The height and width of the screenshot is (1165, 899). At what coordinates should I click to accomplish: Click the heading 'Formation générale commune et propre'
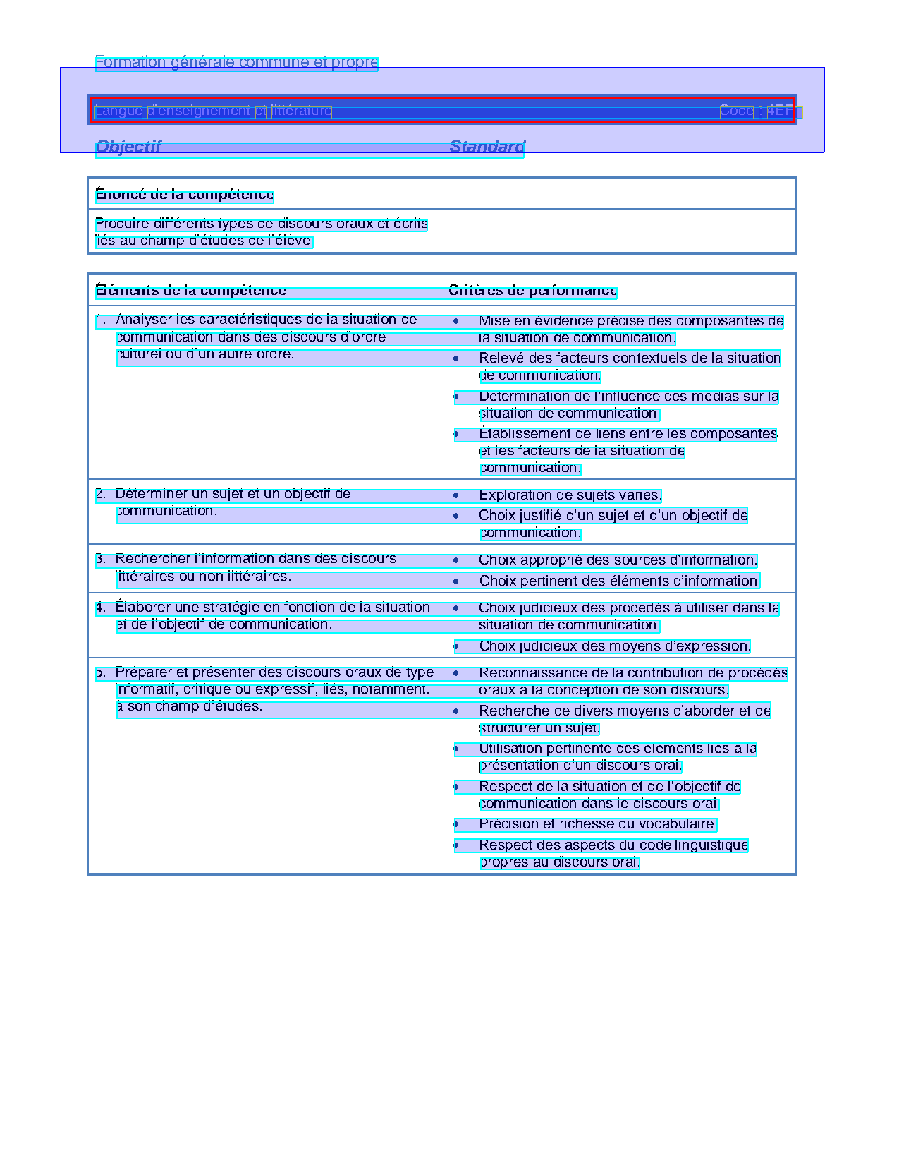(236, 62)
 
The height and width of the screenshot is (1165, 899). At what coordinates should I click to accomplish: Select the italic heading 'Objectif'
(128, 146)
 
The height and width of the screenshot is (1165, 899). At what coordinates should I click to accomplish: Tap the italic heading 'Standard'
(487, 146)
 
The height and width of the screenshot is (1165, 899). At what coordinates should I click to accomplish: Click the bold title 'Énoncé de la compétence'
(185, 194)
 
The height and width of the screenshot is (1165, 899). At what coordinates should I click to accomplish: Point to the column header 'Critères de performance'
(532, 290)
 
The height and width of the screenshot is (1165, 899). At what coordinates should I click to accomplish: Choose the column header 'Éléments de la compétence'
(191, 290)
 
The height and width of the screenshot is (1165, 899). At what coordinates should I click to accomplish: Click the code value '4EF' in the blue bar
(780, 111)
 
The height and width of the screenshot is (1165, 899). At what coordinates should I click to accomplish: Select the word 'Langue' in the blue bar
(118, 111)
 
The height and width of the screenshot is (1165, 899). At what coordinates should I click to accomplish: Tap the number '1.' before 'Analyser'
(101, 320)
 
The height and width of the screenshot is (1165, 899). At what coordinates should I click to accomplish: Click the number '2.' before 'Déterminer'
(101, 494)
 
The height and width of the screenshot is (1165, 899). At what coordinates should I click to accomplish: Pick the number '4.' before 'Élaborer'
(101, 608)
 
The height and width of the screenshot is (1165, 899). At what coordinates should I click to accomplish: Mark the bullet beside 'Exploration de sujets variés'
(456, 495)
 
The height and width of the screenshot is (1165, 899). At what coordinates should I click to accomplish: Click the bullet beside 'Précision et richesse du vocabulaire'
(456, 824)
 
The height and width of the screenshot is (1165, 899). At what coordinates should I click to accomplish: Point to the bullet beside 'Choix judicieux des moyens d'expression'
(456, 646)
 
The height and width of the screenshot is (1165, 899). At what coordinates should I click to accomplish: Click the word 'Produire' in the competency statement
(122, 224)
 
